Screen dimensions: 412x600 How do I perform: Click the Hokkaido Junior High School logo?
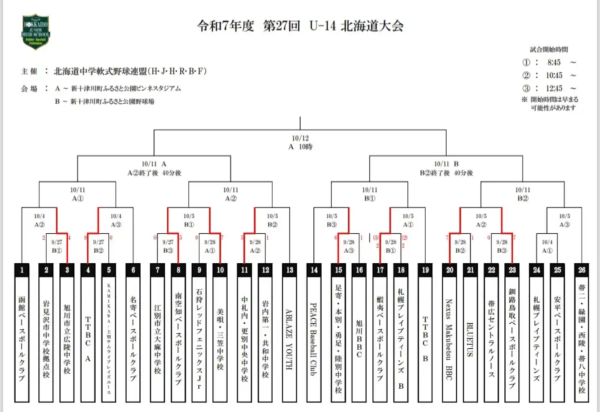click(36, 32)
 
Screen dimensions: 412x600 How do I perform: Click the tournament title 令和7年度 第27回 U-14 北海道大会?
click(301, 26)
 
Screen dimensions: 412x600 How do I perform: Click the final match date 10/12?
click(299, 138)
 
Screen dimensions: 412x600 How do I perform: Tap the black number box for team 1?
click(22, 270)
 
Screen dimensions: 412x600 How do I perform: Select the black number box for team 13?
click(289, 270)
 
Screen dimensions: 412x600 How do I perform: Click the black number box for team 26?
click(581, 270)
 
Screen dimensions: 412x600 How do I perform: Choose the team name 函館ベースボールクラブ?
click(22, 339)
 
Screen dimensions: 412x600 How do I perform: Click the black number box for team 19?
click(425, 270)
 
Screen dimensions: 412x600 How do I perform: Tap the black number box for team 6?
click(133, 270)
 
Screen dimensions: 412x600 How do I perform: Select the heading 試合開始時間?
click(549, 49)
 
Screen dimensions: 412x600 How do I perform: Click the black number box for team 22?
click(491, 270)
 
